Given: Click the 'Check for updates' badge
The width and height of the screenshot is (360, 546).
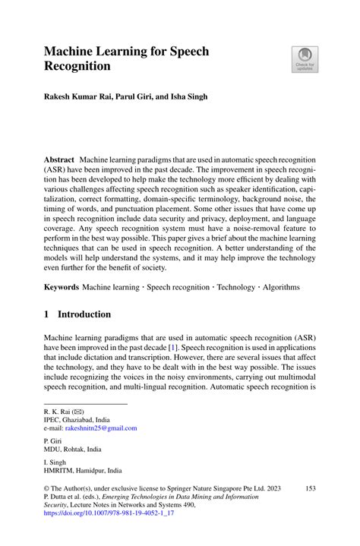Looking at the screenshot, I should pyautogui.click(x=305, y=60).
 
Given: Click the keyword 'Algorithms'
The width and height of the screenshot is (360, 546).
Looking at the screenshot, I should pyautogui.click(x=279, y=288).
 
